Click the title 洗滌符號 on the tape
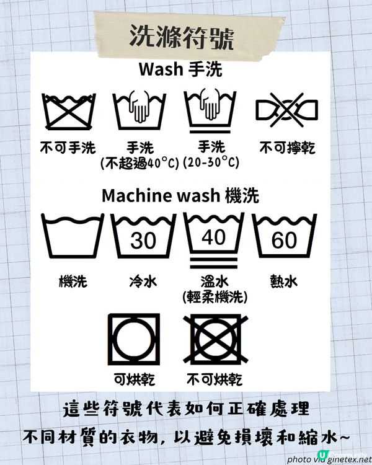tap(181, 37)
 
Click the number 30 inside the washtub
tap(143, 239)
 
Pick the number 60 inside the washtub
tap(285, 239)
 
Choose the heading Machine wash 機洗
tap(180, 196)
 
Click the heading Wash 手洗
tap(180, 69)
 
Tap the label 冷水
tap(143, 282)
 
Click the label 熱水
tap(285, 282)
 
